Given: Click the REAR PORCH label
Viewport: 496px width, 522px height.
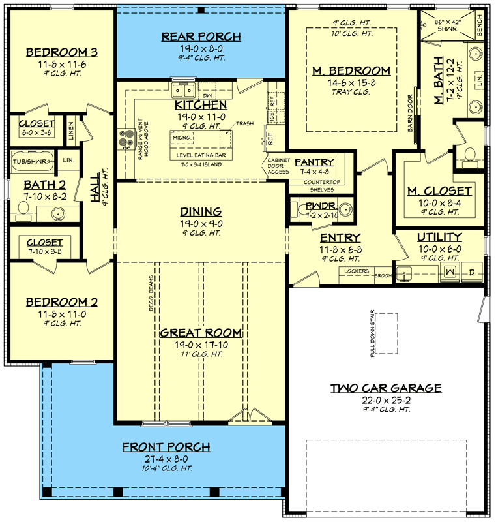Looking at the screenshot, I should (x=201, y=37).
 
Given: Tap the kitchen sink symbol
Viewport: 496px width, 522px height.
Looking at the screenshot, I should (x=184, y=90).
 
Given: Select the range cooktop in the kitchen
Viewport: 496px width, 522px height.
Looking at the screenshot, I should (x=125, y=138).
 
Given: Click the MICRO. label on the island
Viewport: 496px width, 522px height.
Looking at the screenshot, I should (x=181, y=138).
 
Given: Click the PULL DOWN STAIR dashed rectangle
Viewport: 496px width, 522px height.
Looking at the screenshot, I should (x=385, y=333).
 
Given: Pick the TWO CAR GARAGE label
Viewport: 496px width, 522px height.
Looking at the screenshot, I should (x=385, y=388).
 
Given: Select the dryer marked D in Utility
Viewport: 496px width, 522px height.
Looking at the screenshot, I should (x=472, y=271).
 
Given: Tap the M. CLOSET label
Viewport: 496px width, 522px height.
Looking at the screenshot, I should (x=439, y=191).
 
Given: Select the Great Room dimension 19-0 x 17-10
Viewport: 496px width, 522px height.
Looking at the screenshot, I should (x=201, y=344).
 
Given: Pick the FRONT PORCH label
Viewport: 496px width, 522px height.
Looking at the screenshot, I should (x=166, y=447).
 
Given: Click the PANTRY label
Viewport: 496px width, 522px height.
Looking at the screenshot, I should (x=315, y=162).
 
